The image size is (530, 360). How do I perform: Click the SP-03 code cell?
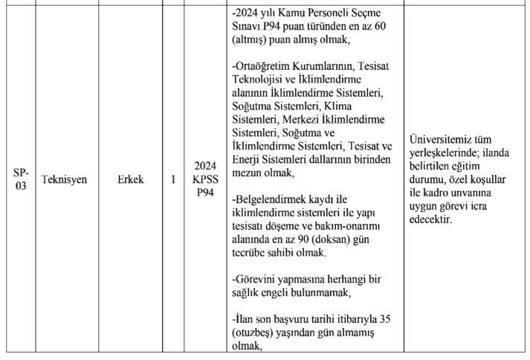coord(21,179)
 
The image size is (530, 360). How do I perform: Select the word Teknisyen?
coord(65,179)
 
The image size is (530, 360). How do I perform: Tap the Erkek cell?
coord(130,179)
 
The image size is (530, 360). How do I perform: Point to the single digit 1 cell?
coord(173,179)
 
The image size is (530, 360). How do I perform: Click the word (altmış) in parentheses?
coord(253,42)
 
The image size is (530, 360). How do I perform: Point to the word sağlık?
coord(249,292)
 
